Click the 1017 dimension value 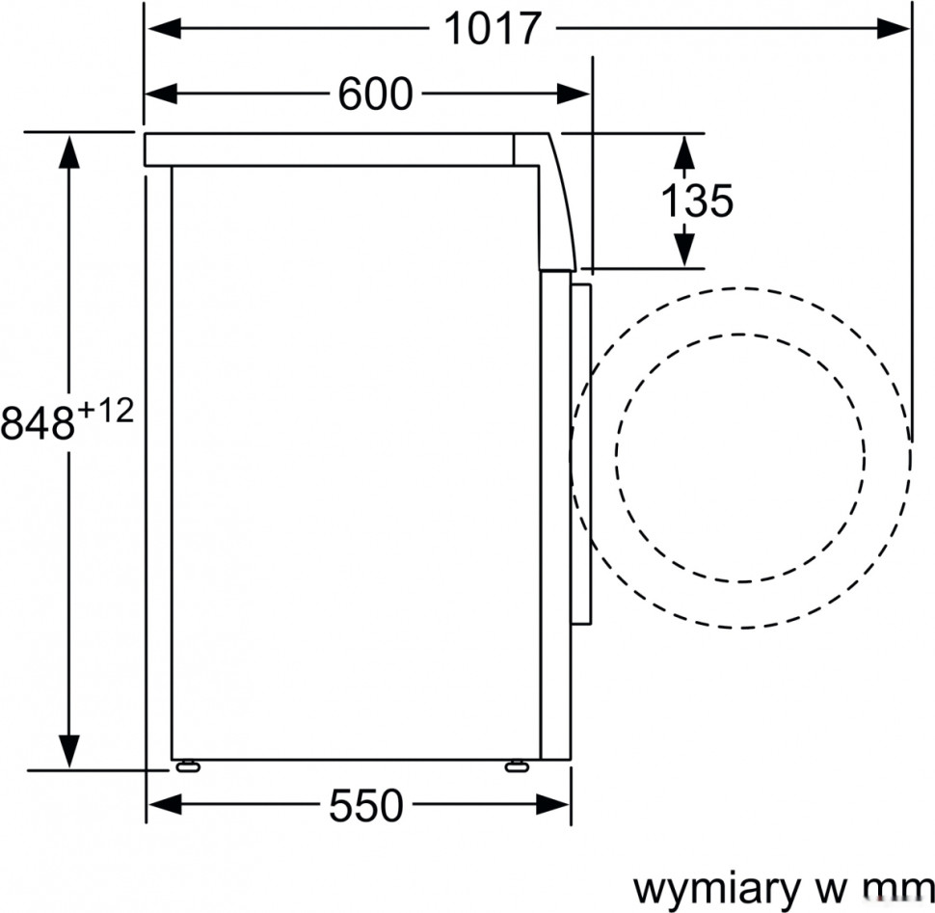pos(493,29)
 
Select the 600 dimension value pos(375,94)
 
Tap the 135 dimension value pos(696,201)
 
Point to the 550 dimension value pos(365,806)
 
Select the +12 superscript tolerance pos(104,411)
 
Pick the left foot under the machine pos(185,766)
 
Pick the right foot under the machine pos(517,766)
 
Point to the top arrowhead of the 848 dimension pos(68,149)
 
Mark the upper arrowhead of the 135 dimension pos(682,149)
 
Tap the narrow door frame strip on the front pos(580,453)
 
